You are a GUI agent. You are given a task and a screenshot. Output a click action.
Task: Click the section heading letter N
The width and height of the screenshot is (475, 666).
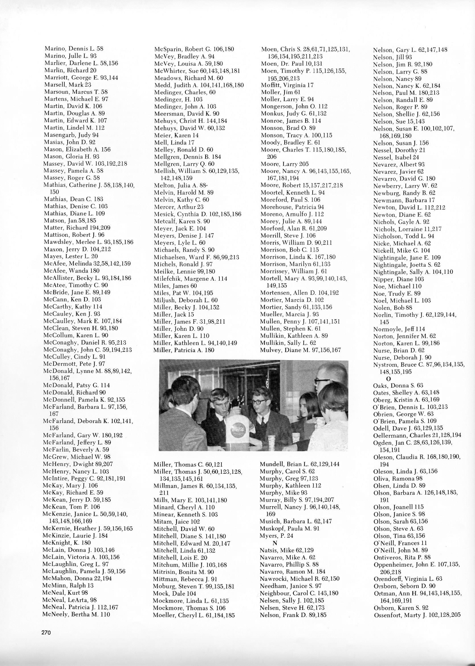point(275,543)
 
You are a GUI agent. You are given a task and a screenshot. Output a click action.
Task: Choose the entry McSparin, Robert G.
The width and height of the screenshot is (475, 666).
point(194,49)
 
